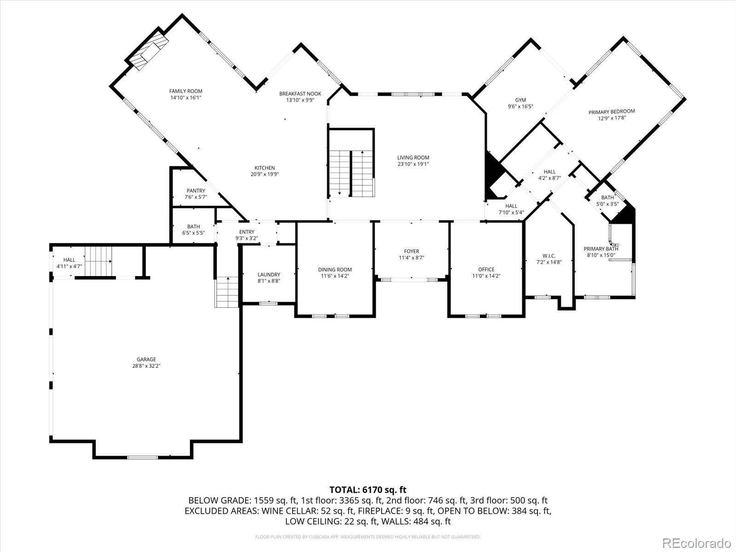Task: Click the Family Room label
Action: point(185,91)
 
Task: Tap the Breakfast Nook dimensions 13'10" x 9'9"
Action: point(300,100)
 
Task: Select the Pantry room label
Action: point(195,191)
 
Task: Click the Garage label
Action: point(146,360)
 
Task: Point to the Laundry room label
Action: point(269,275)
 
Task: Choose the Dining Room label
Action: point(334,270)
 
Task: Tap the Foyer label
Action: point(411,251)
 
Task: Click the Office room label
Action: point(486,270)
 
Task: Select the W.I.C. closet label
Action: point(549,256)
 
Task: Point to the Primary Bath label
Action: point(601,249)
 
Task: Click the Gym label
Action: point(520,100)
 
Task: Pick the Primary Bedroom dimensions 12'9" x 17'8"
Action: point(612,118)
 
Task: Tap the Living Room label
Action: point(413,158)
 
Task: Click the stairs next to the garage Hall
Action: point(98,261)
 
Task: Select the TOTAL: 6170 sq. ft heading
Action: point(368,490)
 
